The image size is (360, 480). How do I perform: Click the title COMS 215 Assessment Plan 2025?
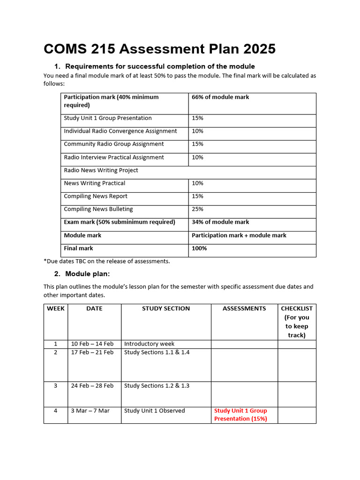159,49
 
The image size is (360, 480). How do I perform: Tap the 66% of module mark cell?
220,97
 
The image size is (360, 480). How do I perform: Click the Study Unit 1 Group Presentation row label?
108,118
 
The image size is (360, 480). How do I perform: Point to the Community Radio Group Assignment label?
114,144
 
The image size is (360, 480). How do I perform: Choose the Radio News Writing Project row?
101,170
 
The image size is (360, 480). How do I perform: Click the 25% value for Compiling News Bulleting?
197,209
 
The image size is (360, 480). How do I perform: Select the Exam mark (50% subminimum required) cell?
120,222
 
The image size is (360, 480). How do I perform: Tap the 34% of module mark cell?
220,222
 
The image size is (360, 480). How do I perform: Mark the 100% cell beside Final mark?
199,248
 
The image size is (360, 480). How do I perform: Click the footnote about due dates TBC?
106,261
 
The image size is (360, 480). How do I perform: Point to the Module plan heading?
87,274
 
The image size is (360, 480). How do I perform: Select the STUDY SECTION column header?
166,308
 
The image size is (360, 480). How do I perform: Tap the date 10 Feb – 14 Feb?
92,344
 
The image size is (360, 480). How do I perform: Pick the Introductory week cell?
149,344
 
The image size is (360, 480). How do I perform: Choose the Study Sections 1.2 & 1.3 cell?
157,386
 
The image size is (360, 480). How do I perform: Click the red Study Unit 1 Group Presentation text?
240,414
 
